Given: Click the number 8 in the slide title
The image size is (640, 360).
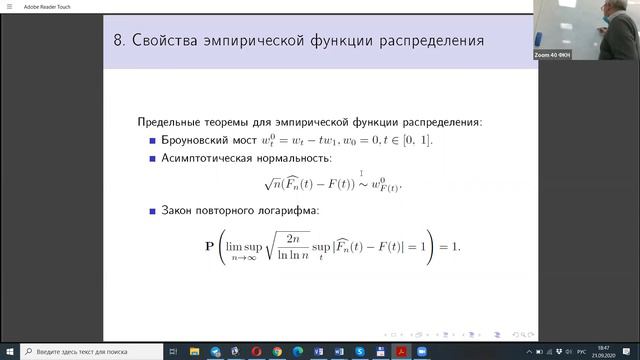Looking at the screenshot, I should pyautogui.click(x=118, y=42).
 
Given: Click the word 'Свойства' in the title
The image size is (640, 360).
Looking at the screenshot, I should pyautogui.click(x=173, y=42).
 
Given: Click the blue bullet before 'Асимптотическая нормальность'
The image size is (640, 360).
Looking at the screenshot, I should pyautogui.click(x=152, y=158).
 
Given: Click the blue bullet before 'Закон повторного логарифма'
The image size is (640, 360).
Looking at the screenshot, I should pyautogui.click(x=152, y=211).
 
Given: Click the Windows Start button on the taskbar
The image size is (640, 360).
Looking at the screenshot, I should pyautogui.click(x=9, y=352).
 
